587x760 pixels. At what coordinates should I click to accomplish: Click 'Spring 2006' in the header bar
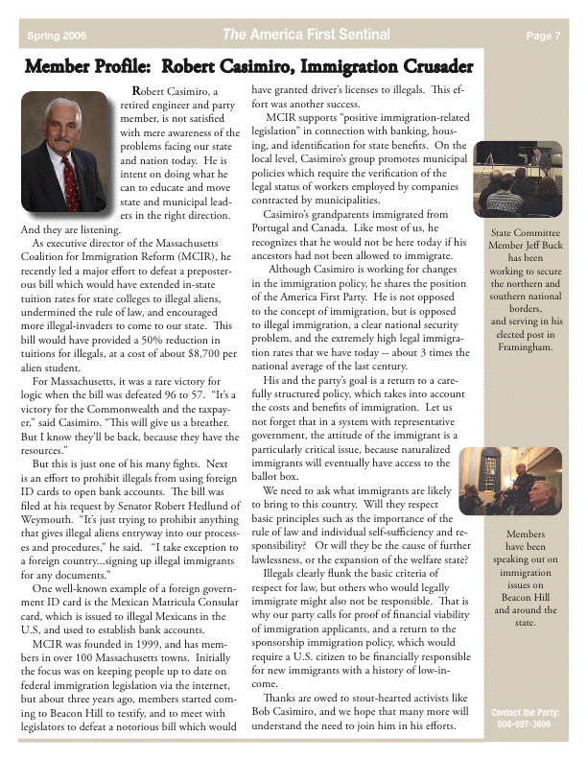(57, 36)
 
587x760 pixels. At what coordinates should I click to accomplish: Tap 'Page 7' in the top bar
(543, 36)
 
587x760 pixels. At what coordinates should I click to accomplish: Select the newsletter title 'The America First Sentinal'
(306, 36)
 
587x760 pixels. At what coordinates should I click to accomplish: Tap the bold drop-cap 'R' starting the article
(136, 91)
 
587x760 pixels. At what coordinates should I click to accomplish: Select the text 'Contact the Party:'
(525, 713)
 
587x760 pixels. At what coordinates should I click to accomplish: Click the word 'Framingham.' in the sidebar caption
(525, 346)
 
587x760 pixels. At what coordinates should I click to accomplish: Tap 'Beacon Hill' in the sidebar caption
(525, 596)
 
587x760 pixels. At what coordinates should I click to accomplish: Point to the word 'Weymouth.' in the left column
(46, 530)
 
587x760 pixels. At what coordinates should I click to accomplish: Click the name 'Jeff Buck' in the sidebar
(541, 245)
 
